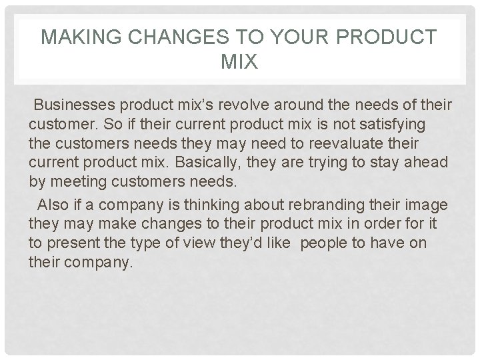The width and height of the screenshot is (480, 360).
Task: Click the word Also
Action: pos(53,203)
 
